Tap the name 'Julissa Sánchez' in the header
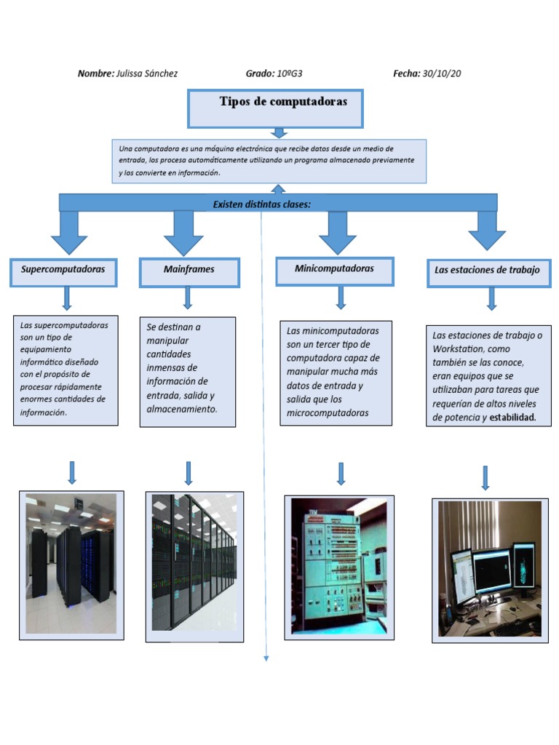[147, 73]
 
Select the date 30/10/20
[442, 73]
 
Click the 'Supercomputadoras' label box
[63, 270]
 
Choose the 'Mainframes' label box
[189, 270]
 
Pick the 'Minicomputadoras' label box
[334, 269]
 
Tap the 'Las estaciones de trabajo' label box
[487, 271]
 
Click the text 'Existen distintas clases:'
[261, 204]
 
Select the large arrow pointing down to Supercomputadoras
[69, 232]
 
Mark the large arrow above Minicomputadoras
[337, 232]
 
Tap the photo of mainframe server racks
[194, 564]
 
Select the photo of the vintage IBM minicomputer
[337, 567]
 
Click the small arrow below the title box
[279, 132]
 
